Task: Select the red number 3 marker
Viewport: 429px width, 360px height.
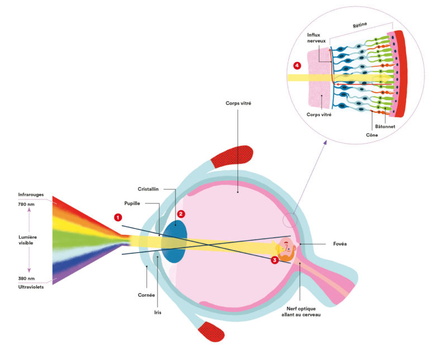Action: tap(274, 260)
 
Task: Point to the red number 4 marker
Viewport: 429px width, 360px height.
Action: tap(297, 65)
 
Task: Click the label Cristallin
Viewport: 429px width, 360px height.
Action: tap(149, 189)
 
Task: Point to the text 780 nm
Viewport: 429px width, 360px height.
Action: tap(27, 205)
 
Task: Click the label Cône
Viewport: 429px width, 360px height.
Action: tap(372, 134)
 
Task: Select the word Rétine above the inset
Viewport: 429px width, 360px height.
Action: tap(360, 26)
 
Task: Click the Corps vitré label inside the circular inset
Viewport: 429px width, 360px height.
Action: tap(319, 114)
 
